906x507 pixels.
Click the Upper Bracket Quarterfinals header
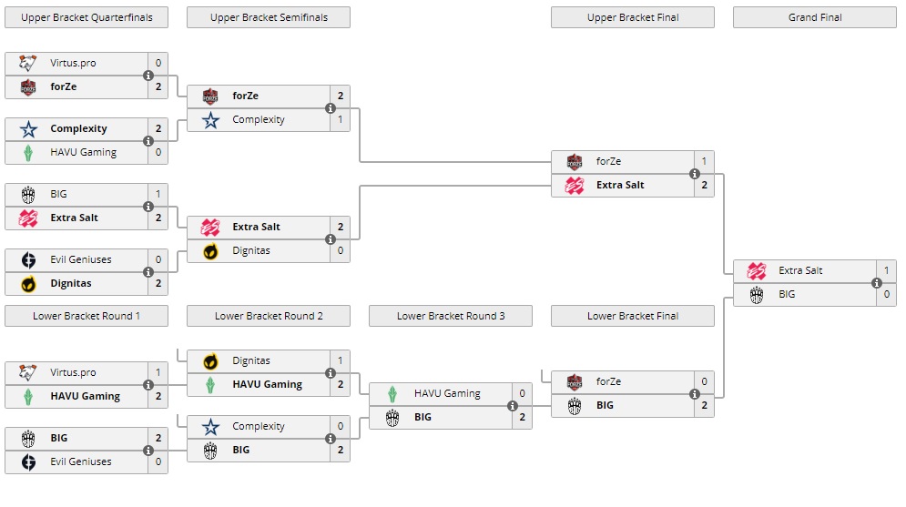87,17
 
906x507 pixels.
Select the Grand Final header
815,17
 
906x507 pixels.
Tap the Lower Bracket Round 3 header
451,316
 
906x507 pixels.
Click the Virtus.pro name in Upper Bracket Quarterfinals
73,64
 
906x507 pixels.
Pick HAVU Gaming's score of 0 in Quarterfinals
158,153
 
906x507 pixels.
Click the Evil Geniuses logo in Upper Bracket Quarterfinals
28,260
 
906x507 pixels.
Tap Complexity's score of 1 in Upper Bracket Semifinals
340,120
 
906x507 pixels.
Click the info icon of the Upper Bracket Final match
695,174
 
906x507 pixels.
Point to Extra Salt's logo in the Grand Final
757,271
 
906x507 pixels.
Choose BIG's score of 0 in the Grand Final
886,295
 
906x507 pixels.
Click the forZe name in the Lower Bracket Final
609,382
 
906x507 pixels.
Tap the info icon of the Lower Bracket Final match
695,394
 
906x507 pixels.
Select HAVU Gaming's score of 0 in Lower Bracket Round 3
522,394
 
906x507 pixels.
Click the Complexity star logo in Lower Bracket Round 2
210,427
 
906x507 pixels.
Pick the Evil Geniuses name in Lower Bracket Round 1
81,462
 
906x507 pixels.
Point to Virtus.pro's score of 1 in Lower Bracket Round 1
158,373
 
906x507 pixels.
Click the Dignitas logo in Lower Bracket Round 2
210,361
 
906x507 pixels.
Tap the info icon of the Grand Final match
877,283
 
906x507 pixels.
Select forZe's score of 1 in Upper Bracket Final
704,162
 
